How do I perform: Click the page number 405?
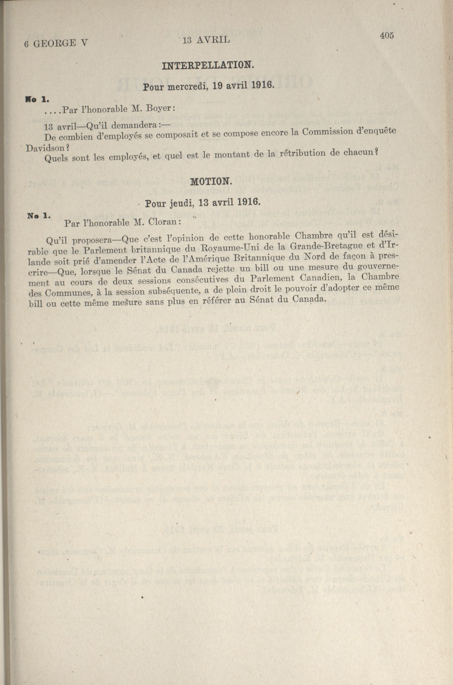387,36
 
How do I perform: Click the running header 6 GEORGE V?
56,43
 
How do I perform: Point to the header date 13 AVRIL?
206,40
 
